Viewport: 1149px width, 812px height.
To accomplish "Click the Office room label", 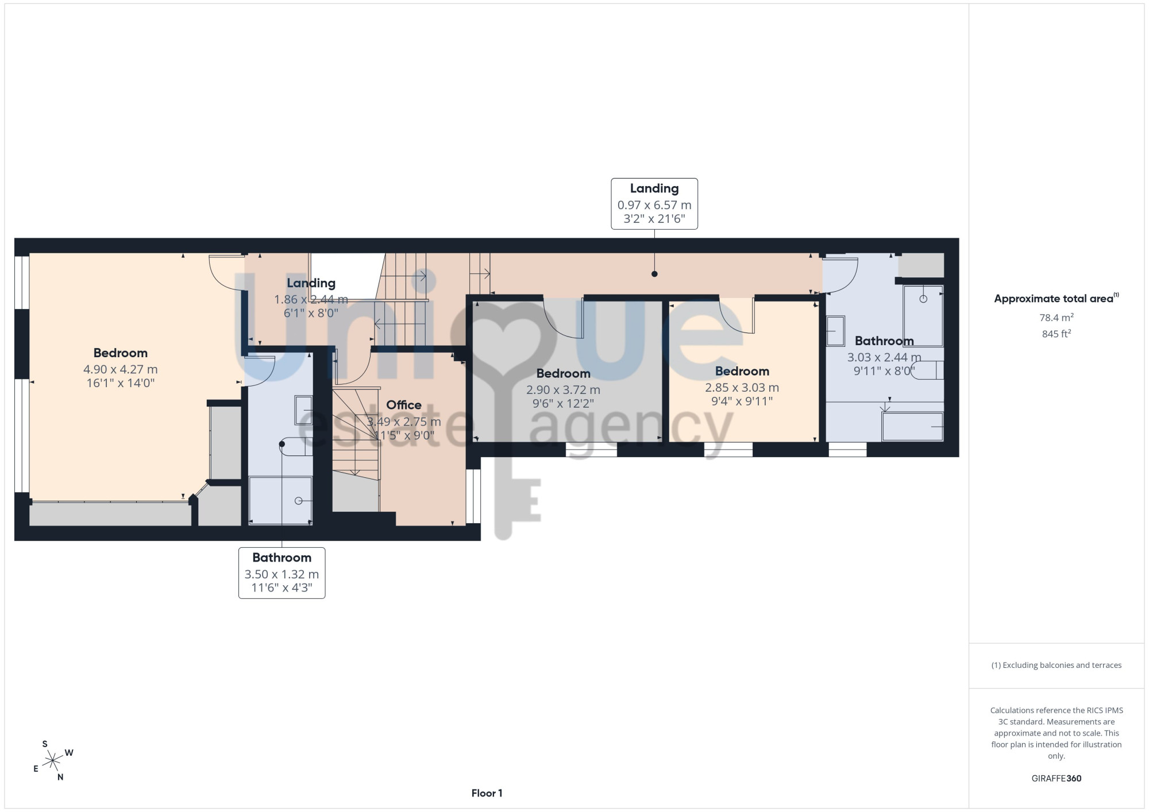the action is coord(403,405).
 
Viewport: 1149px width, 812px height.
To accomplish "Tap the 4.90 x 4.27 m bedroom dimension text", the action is coord(120,369).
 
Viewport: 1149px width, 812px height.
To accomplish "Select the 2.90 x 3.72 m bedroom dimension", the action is coord(563,390).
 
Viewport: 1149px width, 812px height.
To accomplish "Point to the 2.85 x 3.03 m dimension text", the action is coord(742,388).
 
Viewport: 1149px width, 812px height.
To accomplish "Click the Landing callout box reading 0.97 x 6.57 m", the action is coord(654,204).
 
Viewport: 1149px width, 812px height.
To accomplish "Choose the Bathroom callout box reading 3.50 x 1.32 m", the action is coord(282,573).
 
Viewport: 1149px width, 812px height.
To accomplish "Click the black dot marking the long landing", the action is coord(654,274).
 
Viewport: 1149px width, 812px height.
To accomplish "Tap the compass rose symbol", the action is coord(53,761).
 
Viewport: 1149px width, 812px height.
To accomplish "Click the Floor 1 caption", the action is coord(487,793).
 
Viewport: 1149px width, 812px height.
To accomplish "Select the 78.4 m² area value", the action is coord(1057,318).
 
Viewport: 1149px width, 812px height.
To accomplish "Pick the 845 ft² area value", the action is coord(1057,334).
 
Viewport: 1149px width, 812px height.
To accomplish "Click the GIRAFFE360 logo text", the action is coord(1057,778).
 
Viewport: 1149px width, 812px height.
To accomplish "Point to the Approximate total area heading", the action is coord(1057,298).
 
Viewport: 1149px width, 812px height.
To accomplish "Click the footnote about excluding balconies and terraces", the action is coord(1057,665).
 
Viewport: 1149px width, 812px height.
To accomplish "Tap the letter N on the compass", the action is coord(60,778).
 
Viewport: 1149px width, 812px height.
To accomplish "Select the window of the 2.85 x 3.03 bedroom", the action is coord(728,450).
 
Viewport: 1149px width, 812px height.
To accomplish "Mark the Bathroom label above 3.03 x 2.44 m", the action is coord(884,341).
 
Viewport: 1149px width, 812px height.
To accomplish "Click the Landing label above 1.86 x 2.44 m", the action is coord(311,283).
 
